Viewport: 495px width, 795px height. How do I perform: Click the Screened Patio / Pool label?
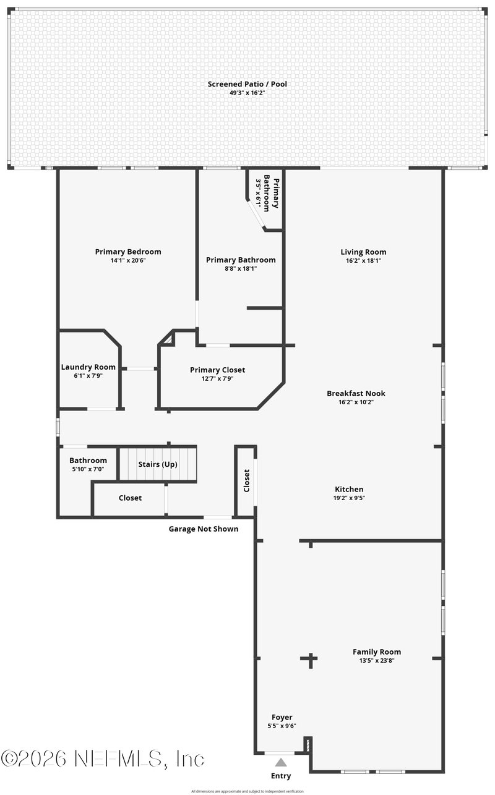(247, 84)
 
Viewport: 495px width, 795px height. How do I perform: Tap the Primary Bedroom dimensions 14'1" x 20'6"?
(128, 261)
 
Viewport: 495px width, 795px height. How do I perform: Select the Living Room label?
(363, 252)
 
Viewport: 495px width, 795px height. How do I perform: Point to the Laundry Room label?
(88, 367)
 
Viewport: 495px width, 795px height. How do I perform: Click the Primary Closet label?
(217, 370)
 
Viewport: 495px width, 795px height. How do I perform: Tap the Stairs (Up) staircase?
(158, 465)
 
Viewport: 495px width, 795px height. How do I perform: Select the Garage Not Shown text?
(204, 529)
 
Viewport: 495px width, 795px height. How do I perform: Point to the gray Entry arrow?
(281, 762)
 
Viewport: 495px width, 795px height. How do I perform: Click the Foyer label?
(282, 717)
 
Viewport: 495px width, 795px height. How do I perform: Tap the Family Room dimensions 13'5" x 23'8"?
(376, 660)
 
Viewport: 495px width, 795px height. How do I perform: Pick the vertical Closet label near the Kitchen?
(246, 480)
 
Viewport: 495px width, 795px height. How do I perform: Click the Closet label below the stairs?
(130, 498)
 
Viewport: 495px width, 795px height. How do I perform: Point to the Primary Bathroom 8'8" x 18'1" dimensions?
(240, 269)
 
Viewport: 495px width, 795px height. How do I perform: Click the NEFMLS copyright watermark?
(103, 759)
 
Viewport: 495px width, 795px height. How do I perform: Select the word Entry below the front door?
(280, 776)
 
